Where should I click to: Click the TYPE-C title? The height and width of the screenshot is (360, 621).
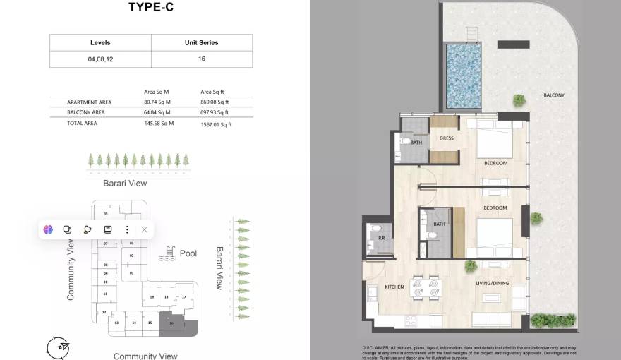150,8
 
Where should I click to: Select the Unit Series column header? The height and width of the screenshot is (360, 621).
201,42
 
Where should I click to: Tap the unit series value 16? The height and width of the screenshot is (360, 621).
202,59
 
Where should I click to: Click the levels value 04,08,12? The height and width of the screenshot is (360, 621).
100,59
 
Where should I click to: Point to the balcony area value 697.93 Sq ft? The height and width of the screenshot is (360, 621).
215,112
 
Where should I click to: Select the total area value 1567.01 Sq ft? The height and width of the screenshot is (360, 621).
216,124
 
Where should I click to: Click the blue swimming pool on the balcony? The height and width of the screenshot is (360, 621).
464,76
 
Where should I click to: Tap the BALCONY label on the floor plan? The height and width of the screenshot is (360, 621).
554,95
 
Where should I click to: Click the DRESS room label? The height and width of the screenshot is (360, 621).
446,138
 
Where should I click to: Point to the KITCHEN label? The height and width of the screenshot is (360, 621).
394,287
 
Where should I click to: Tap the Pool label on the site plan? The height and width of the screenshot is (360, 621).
188,253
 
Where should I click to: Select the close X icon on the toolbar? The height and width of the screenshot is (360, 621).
144,229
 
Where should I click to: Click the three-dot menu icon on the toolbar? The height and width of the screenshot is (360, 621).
127,229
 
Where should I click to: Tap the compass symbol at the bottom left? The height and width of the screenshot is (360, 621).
59,347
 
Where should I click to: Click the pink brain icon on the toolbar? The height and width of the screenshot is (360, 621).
48,229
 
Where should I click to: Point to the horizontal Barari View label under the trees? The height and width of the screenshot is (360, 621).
126,184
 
